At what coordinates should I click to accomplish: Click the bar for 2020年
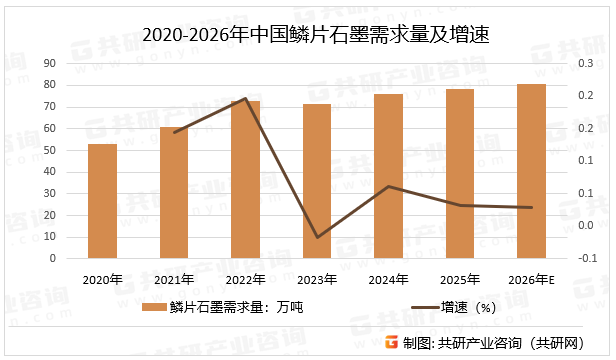pos(102,200)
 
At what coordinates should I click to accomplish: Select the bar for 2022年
pos(246,179)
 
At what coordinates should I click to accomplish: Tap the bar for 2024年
pos(389,176)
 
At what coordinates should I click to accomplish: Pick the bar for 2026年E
pos(532,171)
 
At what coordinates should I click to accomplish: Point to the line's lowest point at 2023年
pos(318,238)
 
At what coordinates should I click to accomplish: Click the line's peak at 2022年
pos(246,99)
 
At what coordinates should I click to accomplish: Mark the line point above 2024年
pos(389,186)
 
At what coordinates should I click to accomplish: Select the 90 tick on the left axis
pos(49,63)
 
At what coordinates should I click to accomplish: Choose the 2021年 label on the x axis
pos(174,279)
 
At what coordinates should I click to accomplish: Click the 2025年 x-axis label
pos(460,279)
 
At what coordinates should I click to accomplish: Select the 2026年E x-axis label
pos(532,279)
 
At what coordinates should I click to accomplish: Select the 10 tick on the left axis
pos(49,237)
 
